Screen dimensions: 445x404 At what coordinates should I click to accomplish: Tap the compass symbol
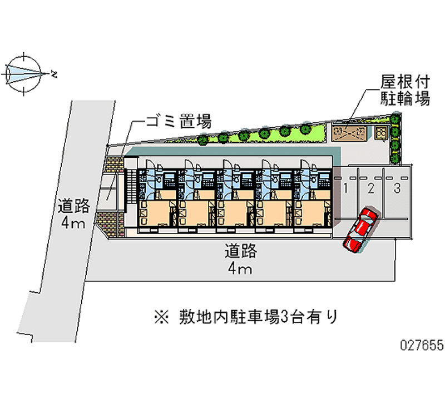(x=23, y=72)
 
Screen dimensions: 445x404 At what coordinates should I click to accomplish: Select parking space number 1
(x=345, y=188)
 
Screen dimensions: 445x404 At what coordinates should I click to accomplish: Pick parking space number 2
(x=371, y=188)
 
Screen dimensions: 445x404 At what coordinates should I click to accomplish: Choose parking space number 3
(x=397, y=188)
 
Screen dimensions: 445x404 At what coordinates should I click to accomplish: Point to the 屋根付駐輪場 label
(x=397, y=91)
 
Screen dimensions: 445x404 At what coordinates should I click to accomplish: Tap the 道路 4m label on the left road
(x=73, y=215)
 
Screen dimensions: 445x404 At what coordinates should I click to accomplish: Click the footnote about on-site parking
(x=245, y=317)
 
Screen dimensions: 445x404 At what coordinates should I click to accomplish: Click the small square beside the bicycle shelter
(x=381, y=133)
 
